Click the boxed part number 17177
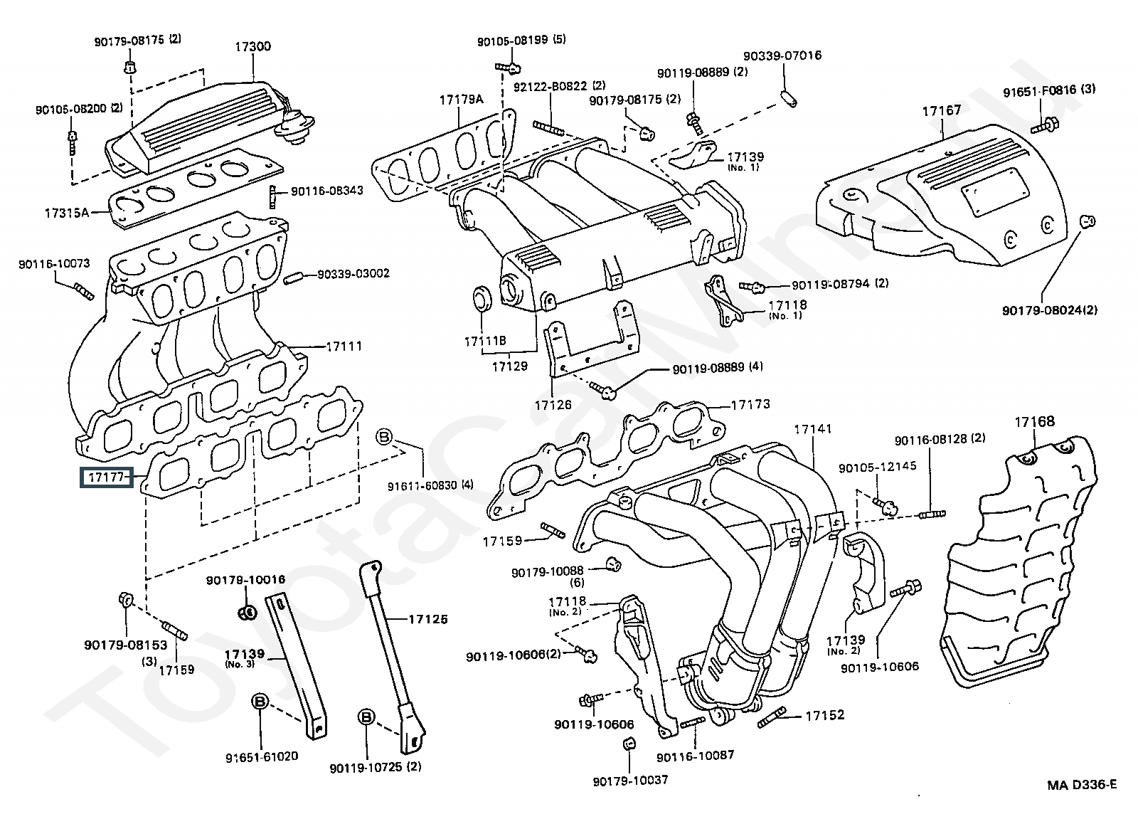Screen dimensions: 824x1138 coord(105,477)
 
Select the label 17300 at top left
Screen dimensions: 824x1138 coord(253,47)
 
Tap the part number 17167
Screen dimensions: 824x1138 coord(942,110)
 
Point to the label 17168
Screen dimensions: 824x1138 coord(1034,422)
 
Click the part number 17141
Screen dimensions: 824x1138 coord(813,429)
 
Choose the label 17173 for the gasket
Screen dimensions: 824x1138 coord(750,405)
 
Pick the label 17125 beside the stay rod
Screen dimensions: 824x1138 coord(427,619)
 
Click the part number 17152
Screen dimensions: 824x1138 coord(825,715)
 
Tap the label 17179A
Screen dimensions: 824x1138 coord(461,100)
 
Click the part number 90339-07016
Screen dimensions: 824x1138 coord(782,56)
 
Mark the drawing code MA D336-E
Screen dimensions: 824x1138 coord(1081,785)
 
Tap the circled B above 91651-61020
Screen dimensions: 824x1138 coord(260,702)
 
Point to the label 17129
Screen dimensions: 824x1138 coord(509,366)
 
